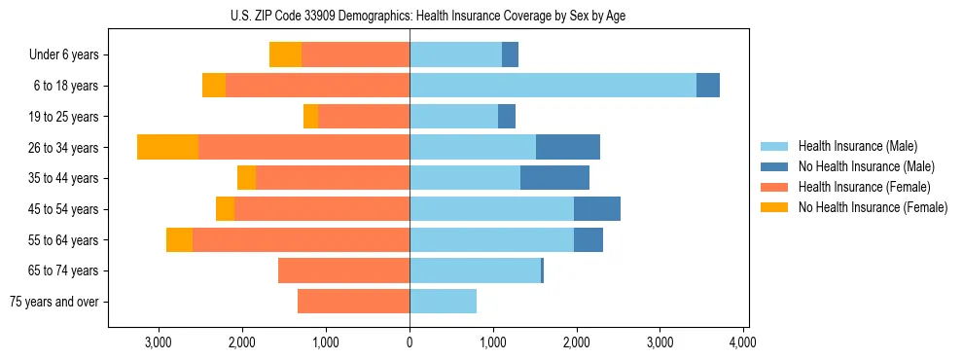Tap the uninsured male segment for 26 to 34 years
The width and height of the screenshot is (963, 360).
568,147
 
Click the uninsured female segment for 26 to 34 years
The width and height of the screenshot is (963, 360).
167,147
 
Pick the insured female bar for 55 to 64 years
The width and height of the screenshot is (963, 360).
301,239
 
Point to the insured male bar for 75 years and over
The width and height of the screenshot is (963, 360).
443,302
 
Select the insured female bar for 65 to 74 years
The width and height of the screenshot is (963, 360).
343,270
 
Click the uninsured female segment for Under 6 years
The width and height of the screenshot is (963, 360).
285,54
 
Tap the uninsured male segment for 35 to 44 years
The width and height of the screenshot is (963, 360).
554,178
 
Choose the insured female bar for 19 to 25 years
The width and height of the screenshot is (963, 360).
364,117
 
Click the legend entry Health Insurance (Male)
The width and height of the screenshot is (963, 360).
857,146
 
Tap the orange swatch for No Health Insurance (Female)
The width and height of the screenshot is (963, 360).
774,207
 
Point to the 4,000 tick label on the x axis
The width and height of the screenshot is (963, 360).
743,342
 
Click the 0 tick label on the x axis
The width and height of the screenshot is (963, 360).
410,342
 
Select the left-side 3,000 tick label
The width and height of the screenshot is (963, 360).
158,342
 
